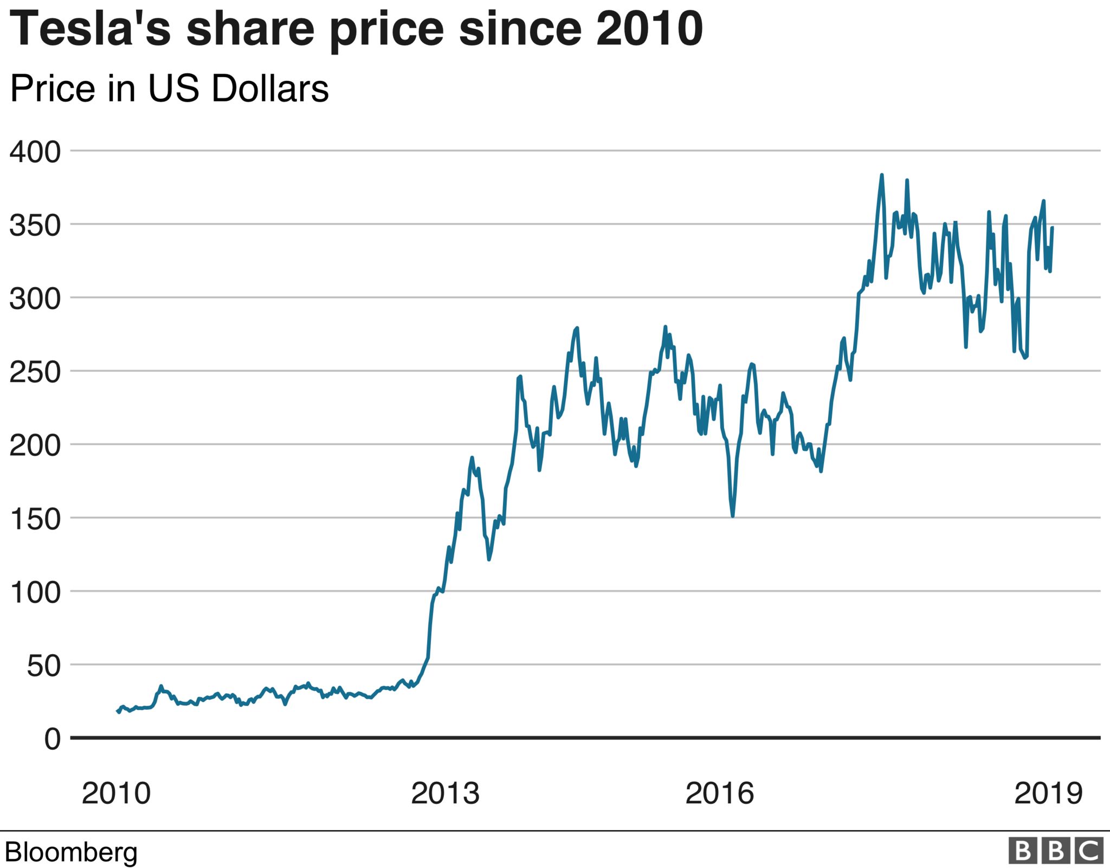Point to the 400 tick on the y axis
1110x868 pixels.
[35, 152]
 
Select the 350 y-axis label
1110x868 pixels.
[35, 225]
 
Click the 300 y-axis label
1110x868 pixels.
[35, 298]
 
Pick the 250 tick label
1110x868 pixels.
[35, 372]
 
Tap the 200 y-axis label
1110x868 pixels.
[35, 445]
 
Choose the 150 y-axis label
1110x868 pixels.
[35, 519]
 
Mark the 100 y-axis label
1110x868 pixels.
[35, 592]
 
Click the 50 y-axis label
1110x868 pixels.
[44, 666]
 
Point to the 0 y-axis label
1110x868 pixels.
[53, 739]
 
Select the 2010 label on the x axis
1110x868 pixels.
[116, 793]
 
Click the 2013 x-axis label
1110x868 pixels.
[445, 793]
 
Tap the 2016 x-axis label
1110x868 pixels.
[719, 793]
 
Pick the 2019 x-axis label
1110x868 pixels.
[1048, 793]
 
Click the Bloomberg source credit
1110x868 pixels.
[71, 852]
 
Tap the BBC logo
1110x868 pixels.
[1055, 851]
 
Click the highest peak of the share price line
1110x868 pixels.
[882, 175]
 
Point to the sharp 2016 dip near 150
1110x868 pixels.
[733, 515]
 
